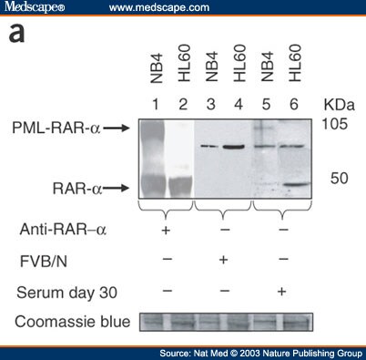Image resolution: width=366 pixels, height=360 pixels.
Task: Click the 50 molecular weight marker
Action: coord(339,178)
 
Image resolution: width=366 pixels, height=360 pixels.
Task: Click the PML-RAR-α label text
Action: coord(53,130)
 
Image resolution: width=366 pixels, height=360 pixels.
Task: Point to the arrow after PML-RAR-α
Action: coord(114,130)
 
